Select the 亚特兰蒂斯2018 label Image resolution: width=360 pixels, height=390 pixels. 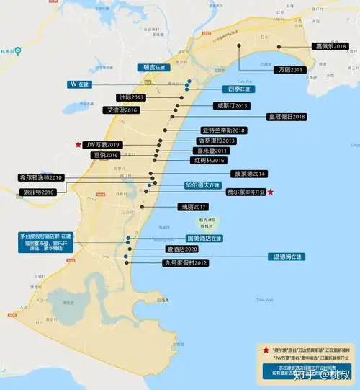tap(224, 130)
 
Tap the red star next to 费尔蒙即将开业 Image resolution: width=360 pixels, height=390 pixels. tap(270, 192)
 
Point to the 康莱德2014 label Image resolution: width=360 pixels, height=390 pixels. tap(248, 174)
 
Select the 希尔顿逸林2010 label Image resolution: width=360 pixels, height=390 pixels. tap(41, 177)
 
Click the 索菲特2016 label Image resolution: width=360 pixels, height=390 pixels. tap(37, 192)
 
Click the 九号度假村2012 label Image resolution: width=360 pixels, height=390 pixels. tap(185, 263)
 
